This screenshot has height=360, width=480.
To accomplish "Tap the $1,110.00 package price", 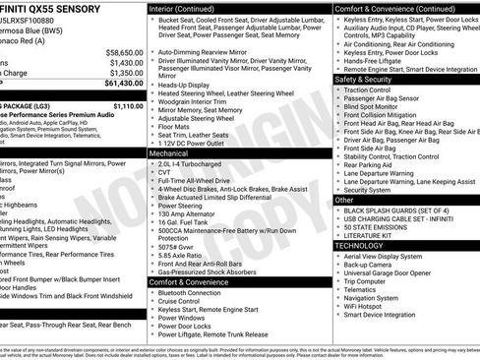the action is (128, 105).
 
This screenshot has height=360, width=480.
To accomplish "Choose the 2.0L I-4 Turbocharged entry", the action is (194, 165).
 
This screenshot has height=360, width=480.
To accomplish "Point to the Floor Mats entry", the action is (176, 125).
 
